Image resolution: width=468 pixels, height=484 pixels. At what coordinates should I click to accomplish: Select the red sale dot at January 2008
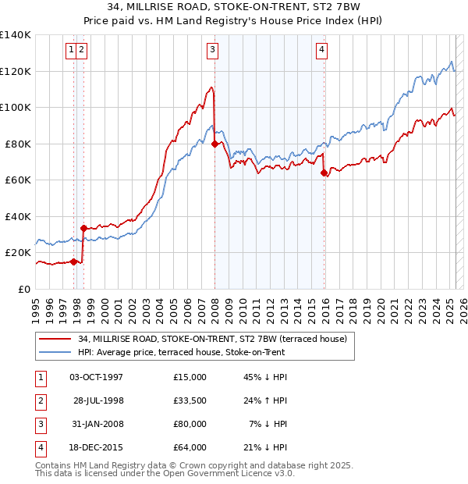pos(214,144)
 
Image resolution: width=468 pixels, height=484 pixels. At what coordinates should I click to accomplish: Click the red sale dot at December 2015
pos(324,173)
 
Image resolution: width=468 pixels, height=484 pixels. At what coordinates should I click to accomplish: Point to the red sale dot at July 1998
pos(83,228)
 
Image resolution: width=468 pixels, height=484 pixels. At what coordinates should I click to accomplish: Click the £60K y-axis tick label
pos(18,180)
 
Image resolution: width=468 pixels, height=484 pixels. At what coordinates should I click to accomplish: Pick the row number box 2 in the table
pos(39,401)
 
